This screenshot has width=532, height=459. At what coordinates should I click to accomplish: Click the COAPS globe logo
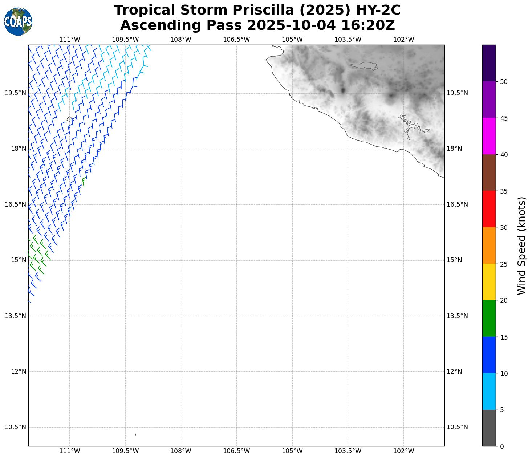point(18,21)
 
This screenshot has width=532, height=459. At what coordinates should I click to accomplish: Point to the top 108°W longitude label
point(181,39)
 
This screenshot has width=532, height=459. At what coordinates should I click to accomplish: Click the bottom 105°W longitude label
point(292,451)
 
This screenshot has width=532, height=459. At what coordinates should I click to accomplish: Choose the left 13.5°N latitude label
point(15,316)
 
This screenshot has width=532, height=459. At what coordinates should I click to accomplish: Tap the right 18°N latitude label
point(454,149)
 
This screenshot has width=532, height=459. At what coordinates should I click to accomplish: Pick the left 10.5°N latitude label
point(15,427)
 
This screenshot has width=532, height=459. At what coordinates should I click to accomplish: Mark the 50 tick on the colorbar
point(504,82)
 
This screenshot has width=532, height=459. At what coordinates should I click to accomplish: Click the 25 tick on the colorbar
point(504,264)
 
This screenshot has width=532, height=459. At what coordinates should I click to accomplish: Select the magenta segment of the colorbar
point(489,136)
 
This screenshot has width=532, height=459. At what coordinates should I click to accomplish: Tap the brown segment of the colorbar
point(489,172)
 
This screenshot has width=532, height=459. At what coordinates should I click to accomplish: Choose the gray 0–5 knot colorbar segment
point(489,428)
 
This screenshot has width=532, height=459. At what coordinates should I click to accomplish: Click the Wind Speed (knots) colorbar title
point(521,246)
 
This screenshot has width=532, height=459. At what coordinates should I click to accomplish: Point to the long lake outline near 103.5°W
point(364,66)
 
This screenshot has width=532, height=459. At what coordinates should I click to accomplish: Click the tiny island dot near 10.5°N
point(135,435)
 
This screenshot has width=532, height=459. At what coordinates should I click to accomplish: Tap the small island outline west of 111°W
point(70,119)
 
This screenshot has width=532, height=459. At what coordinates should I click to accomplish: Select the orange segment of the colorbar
point(489,245)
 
